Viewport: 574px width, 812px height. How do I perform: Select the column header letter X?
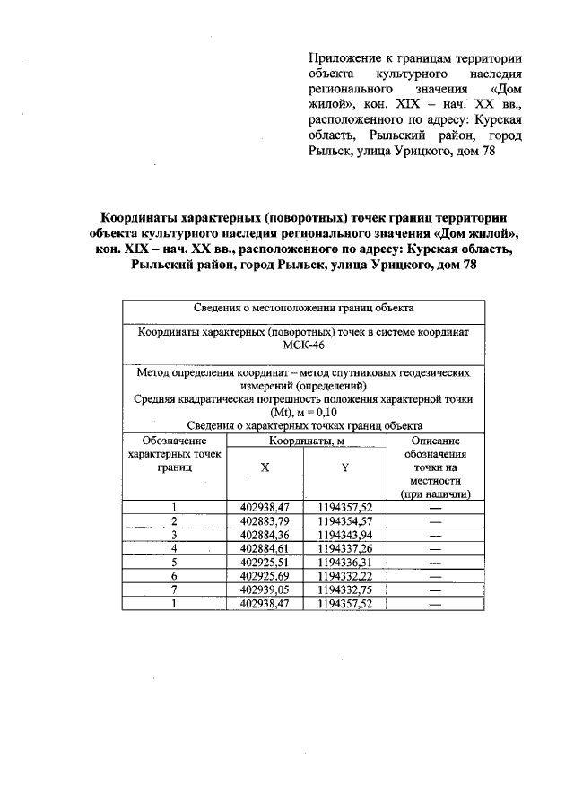[265, 468]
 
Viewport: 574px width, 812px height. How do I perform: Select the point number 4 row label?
[174, 548]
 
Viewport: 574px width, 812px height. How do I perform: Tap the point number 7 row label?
[174, 589]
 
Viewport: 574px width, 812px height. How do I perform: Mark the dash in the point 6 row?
[437, 576]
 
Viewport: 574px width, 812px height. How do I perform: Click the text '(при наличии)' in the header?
[437, 494]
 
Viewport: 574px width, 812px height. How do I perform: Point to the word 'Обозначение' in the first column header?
[174, 441]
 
